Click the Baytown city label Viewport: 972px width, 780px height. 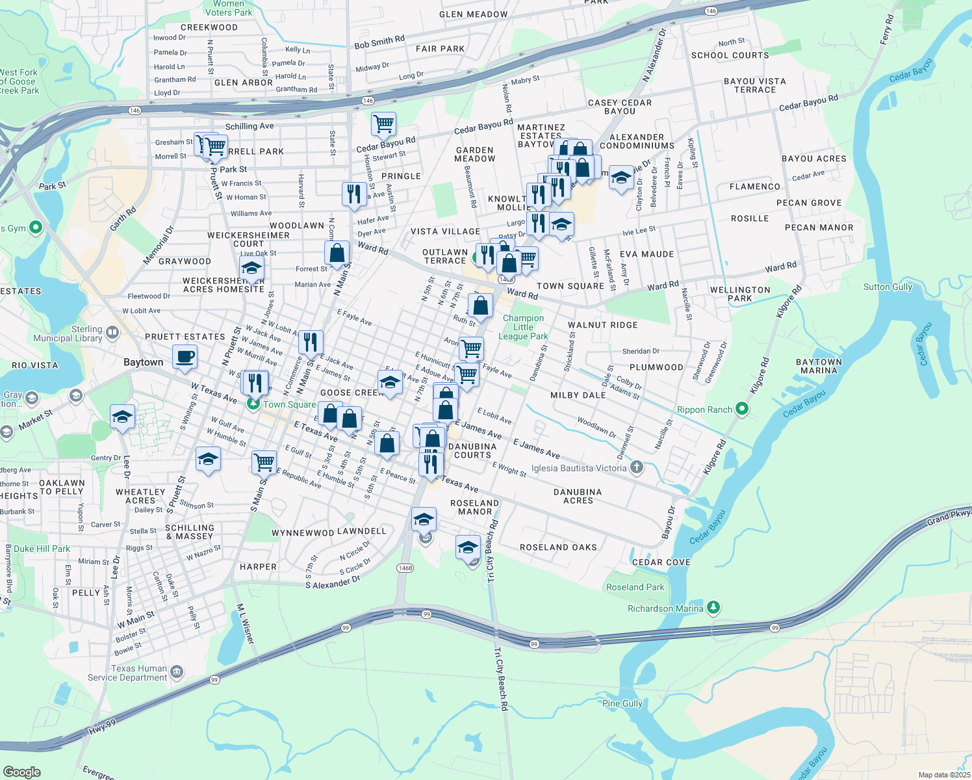tap(144, 362)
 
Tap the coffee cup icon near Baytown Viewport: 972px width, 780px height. tap(185, 357)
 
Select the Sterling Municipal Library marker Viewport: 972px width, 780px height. tap(112, 333)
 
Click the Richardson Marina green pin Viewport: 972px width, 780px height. tap(713, 608)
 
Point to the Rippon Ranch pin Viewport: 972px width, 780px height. tap(742, 409)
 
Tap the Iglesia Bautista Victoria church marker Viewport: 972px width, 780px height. tap(637, 467)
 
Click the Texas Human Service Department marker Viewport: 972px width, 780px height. tap(177, 672)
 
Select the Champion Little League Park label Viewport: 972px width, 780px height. tap(523, 327)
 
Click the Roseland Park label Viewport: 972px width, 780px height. tap(635, 587)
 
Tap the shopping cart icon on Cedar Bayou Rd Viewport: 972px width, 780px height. tap(384, 123)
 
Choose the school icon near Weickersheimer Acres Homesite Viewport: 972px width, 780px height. tap(251, 268)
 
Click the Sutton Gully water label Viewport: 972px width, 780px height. tap(888, 287)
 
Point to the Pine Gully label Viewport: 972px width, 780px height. tap(622, 703)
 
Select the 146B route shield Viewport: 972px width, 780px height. tap(405, 568)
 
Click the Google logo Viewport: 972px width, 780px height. tap(21, 772)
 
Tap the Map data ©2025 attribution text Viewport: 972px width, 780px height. tap(944, 775)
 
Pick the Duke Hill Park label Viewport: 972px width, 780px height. tap(42, 549)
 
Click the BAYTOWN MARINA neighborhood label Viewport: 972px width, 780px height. tap(819, 366)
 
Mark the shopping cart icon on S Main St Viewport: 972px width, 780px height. tap(264, 462)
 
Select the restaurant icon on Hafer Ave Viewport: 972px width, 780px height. tap(354, 194)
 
